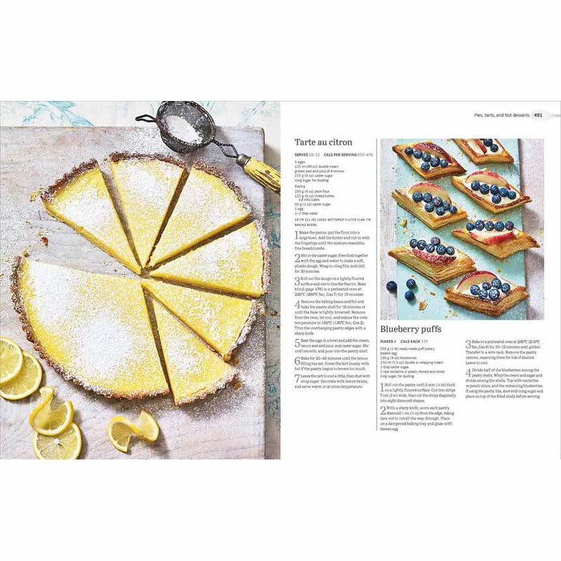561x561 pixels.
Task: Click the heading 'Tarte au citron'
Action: click(323, 142)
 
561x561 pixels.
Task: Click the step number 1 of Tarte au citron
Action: click(297, 234)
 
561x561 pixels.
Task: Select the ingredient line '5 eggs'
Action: click(300, 162)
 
